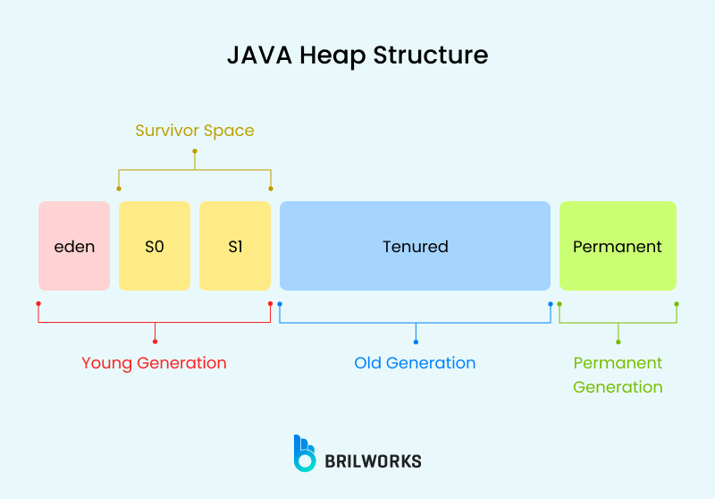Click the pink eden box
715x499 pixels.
(x=74, y=246)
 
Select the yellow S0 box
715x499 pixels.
(x=155, y=246)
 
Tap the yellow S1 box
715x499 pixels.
(x=235, y=246)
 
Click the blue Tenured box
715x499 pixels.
(x=415, y=246)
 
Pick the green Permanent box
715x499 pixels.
(x=618, y=246)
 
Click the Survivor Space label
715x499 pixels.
(x=195, y=131)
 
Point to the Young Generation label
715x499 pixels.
(x=154, y=363)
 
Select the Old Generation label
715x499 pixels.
(x=415, y=363)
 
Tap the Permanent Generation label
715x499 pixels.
(x=618, y=375)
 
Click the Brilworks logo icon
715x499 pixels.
(x=305, y=453)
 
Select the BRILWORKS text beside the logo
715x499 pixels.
(x=374, y=461)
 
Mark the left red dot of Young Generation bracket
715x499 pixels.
(x=38, y=304)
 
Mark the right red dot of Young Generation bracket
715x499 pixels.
(x=270, y=304)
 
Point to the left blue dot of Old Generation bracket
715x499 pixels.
(x=280, y=304)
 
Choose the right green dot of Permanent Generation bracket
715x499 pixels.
(x=677, y=304)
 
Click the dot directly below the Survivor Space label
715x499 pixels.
(x=195, y=151)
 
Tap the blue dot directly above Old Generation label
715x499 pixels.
(x=416, y=342)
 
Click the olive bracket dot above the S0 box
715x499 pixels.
(x=119, y=189)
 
